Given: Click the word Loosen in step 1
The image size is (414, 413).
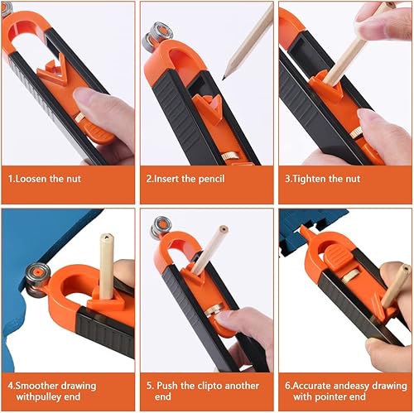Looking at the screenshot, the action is pyautogui.click(x=31, y=179).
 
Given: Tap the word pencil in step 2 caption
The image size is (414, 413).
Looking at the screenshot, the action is pyautogui.click(x=211, y=180).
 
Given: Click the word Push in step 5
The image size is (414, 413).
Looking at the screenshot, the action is pyautogui.click(x=167, y=386).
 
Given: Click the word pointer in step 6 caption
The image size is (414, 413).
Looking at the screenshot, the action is pyautogui.click(x=331, y=397).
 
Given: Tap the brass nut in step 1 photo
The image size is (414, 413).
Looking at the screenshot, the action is pyautogui.click(x=79, y=118).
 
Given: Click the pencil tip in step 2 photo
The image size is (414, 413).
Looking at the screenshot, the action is pyautogui.click(x=224, y=78).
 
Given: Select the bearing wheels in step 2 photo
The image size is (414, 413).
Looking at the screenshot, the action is pyautogui.click(x=157, y=35).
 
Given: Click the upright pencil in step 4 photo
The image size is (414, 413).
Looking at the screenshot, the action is pyautogui.click(x=106, y=266).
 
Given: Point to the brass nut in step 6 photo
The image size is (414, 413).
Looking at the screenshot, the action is pyautogui.click(x=351, y=277).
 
